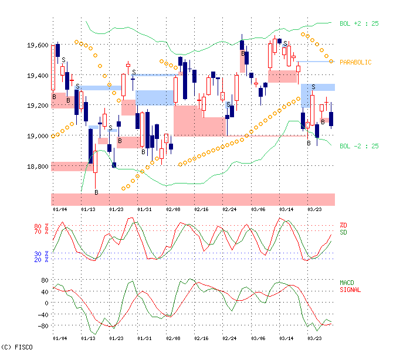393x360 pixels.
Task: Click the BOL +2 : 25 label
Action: pyautogui.click(x=359, y=23)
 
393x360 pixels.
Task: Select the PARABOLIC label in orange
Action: pyautogui.click(x=355, y=62)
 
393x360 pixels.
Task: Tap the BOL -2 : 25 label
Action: pyautogui.click(x=359, y=146)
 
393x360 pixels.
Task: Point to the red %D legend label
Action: pyautogui.click(x=343, y=226)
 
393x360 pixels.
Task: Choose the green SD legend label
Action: pyautogui.click(x=343, y=232)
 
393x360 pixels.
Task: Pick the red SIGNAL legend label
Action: pyautogui.click(x=350, y=290)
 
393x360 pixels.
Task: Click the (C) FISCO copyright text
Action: pyautogui.click(x=18, y=347)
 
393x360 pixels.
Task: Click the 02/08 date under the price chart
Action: pyautogui.click(x=172, y=209)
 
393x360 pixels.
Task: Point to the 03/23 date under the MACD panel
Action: pyautogui.click(x=314, y=338)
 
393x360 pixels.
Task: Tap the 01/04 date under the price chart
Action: pyautogui.click(x=59, y=209)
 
